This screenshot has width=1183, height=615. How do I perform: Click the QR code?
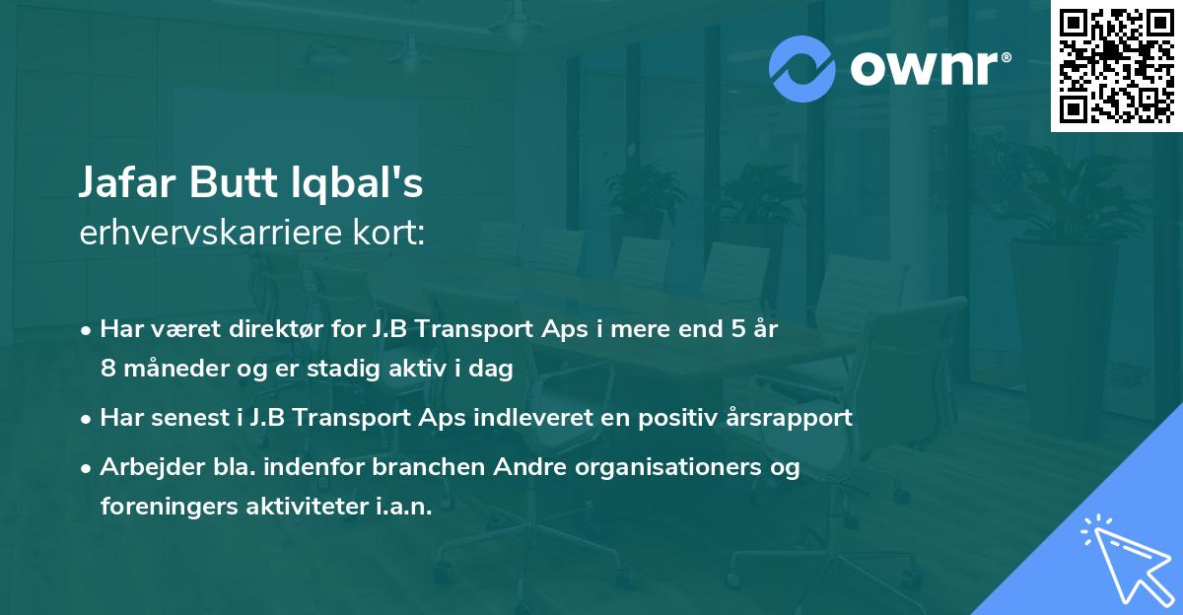(1116, 65)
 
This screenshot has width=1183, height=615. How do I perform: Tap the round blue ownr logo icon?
(802, 69)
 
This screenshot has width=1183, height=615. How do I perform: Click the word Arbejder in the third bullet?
(146, 466)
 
